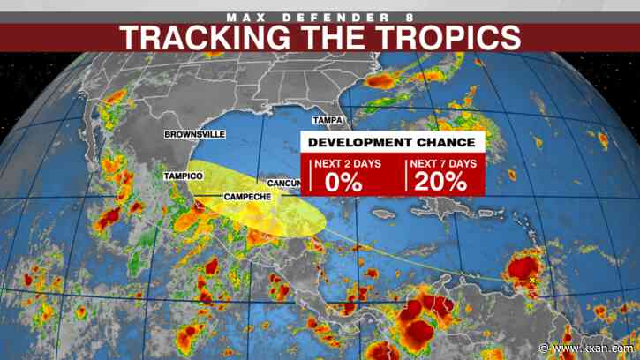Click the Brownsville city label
(x=194, y=134)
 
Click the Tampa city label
(x=328, y=119)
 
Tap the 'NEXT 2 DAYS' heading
(x=351, y=164)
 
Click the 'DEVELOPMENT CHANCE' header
(x=393, y=142)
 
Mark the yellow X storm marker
(x=533, y=281)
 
